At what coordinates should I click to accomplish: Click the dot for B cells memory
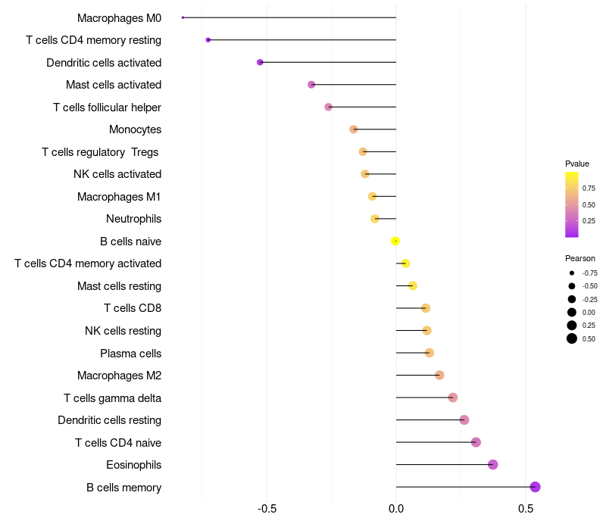pos(535,487)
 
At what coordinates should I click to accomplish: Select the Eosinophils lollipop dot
pos(493,464)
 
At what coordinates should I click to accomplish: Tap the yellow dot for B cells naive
pos(395,241)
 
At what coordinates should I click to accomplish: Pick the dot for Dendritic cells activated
pos(260,62)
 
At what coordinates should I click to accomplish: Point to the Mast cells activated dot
pos(311,84)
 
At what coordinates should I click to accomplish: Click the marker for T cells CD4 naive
pos(476,442)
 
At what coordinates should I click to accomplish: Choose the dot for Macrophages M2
pos(439,375)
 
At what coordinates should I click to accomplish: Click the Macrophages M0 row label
pos(119,17)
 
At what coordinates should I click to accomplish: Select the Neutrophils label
pos(133,219)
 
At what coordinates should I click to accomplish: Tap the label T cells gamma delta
pos(112,397)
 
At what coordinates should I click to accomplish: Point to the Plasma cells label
pos(130,353)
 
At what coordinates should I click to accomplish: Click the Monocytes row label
pos(135,129)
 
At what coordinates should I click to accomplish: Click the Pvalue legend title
pos(577,164)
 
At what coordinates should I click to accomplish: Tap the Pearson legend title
pos(580,258)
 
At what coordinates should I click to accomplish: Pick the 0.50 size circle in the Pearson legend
pos(572,338)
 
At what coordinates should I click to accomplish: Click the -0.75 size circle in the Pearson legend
pos(572,273)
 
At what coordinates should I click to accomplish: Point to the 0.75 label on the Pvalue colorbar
pos(589,188)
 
